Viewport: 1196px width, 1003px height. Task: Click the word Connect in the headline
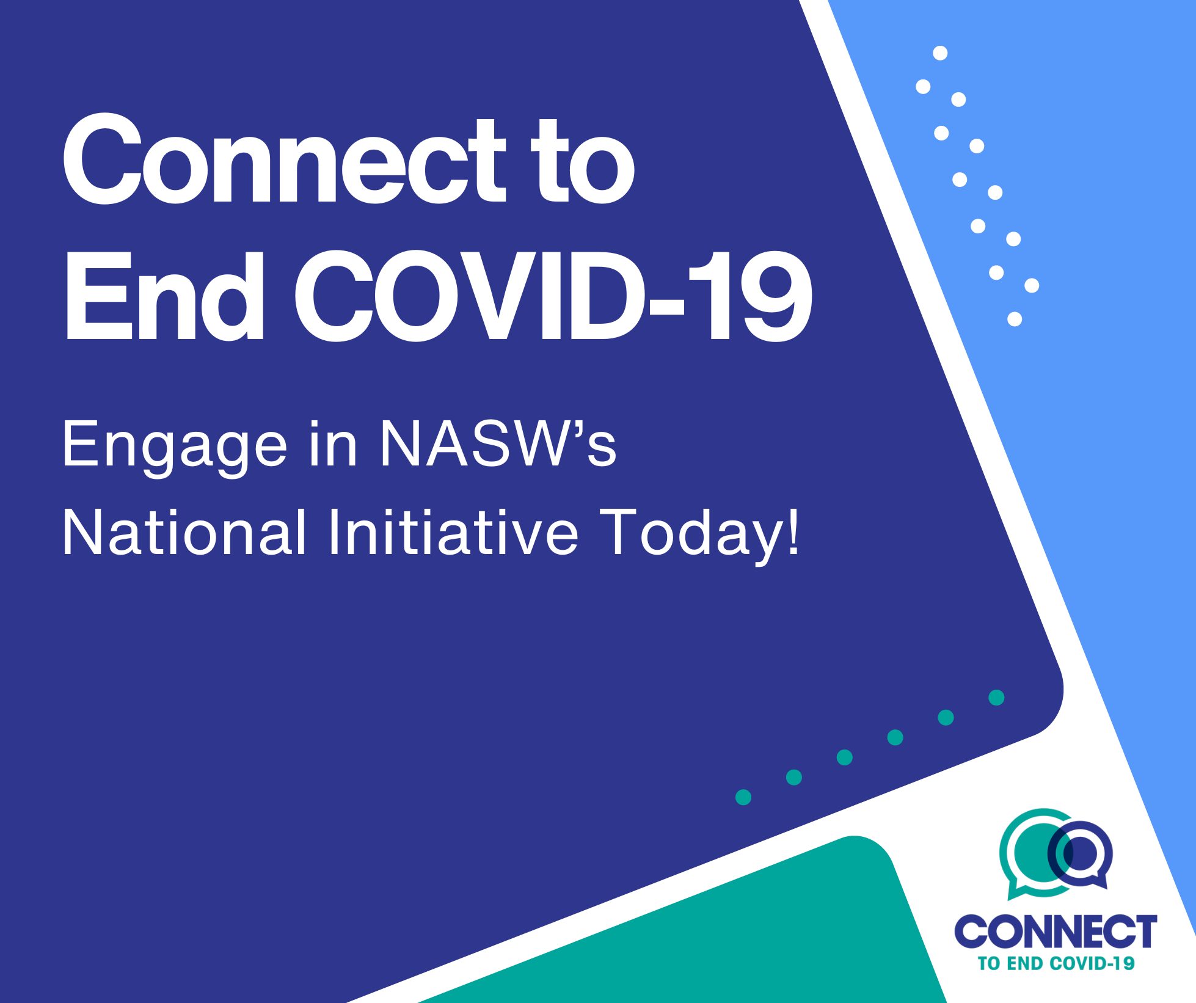[x=285, y=159]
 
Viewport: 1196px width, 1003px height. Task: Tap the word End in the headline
[x=164, y=296]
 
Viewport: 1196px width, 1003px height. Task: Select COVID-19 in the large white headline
[x=553, y=296]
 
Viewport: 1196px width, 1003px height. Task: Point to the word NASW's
[x=498, y=443]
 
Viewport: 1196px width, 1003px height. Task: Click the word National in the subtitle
[x=184, y=532]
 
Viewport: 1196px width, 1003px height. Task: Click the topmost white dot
[x=940, y=53]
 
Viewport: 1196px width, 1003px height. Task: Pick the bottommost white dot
[x=1015, y=319]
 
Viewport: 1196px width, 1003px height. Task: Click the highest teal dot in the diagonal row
[x=996, y=698]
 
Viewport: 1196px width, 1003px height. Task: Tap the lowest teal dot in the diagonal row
[x=743, y=797]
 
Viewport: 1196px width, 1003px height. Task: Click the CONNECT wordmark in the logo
[x=1056, y=932]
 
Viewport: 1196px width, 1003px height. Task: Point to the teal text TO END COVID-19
[x=1056, y=964]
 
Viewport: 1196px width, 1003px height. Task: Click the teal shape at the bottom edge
[x=702, y=928]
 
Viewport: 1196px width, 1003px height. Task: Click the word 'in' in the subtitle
[x=333, y=443]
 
